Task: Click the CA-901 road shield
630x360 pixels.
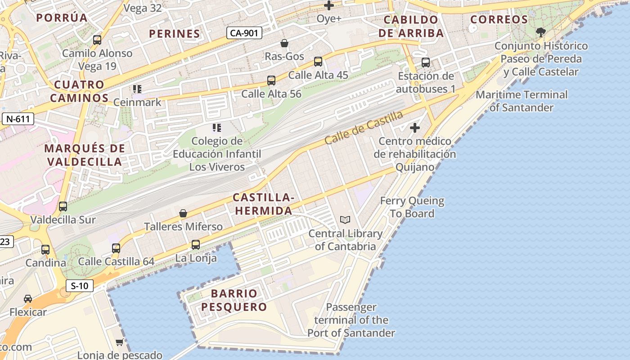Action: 244,32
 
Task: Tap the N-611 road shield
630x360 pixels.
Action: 18,119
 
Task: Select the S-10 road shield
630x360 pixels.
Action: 79,285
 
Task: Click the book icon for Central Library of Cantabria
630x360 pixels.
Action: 345,220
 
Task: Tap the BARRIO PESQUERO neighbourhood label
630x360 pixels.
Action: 234,300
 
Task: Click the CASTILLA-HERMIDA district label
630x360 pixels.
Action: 263,204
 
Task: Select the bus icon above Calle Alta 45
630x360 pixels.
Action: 318,62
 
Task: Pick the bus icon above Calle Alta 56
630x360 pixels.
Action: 271,81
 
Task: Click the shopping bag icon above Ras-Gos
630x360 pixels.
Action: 284,43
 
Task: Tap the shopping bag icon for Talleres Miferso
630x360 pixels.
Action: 183,213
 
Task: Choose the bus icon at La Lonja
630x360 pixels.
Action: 196,245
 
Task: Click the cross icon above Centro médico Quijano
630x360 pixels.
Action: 415,128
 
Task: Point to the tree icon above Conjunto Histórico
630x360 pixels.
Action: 541,32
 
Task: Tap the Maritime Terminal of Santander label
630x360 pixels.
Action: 522,101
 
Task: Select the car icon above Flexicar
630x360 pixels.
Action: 28,299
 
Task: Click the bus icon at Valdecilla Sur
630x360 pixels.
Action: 63,207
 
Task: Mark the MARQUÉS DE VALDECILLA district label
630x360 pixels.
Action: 85,155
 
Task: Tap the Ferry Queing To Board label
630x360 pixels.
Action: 412,207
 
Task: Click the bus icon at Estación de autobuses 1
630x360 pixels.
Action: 426,63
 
